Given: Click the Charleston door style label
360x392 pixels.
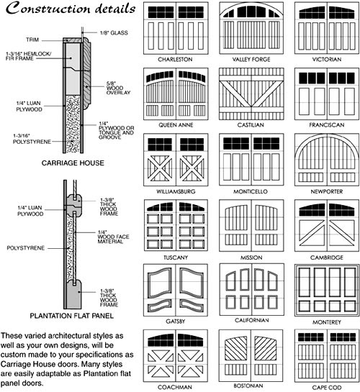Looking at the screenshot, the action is coord(175,59).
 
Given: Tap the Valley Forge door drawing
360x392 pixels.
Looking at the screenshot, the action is coord(251,28).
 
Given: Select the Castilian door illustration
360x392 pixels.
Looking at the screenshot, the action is coord(251,94).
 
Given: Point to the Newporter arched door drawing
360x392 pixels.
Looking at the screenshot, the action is coord(327,160).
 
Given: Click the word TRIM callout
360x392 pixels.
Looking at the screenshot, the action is coord(32,40).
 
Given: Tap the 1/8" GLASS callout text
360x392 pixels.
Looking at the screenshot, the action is coord(114,33).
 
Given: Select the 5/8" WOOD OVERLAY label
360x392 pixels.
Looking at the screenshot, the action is coord(118,88).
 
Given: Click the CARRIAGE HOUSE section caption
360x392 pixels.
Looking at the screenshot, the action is coord(73,163).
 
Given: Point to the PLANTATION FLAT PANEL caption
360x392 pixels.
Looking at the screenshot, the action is coord(72,316).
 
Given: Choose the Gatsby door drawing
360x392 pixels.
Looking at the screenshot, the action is coord(176,290).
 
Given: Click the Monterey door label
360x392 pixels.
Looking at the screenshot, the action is coord(327,322).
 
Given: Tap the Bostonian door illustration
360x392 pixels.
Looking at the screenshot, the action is coord(251,355).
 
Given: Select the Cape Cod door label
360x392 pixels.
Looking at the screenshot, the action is coord(327,388).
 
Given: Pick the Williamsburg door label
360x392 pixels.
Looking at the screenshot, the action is coord(176,191).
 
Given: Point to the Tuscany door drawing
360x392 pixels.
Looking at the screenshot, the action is coord(176,225).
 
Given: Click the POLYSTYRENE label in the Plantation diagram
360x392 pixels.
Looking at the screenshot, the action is coord(26,248).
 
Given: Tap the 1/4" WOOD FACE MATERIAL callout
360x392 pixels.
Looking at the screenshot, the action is coord(113,237).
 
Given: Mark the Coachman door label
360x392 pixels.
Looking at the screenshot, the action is coord(175,387).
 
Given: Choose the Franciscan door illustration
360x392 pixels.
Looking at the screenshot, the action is coord(327,94).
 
